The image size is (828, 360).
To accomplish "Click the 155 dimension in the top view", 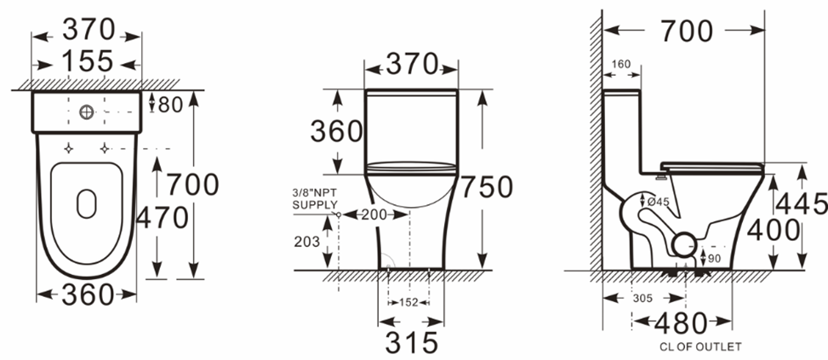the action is click(x=88, y=61).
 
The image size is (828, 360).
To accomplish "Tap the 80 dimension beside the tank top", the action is click(x=170, y=105).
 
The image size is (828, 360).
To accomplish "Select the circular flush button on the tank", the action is click(x=87, y=111).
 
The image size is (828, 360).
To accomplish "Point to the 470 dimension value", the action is click(x=163, y=218).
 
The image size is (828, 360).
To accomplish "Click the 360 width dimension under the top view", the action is click(x=88, y=294).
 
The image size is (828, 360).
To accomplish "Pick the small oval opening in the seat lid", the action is click(x=87, y=203).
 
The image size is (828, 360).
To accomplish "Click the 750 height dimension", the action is click(x=487, y=187).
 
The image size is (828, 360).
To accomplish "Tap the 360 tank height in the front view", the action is click(x=336, y=131).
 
